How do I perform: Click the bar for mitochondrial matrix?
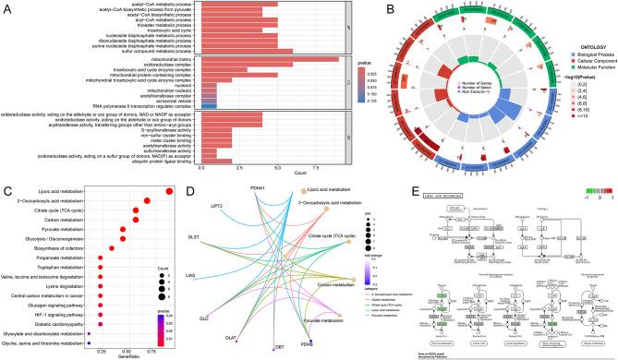(x=277, y=58)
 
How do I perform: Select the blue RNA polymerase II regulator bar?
(x=209, y=107)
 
